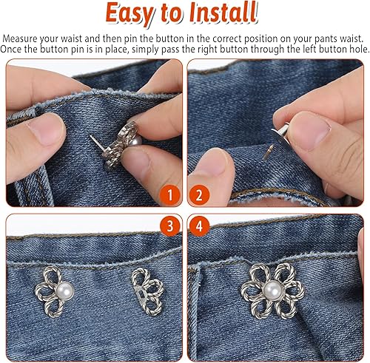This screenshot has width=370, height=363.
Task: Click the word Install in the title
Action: click(224, 12)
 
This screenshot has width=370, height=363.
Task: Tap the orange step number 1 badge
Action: click(170, 195)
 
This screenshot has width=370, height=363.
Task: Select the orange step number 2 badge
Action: click(199, 195)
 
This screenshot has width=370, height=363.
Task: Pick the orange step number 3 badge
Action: click(170, 226)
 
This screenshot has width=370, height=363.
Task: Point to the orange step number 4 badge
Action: click(199, 226)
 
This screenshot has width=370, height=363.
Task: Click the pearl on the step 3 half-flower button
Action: click(64, 291)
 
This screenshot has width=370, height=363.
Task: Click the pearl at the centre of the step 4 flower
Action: click(272, 290)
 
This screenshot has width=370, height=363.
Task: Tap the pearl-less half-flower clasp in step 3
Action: click(148, 291)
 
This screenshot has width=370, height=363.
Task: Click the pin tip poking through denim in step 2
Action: click(268, 152)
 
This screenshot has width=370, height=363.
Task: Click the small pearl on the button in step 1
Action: click(135, 141)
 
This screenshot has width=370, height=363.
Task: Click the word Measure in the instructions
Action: click(20, 38)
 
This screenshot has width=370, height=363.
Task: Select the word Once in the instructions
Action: click(11, 49)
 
